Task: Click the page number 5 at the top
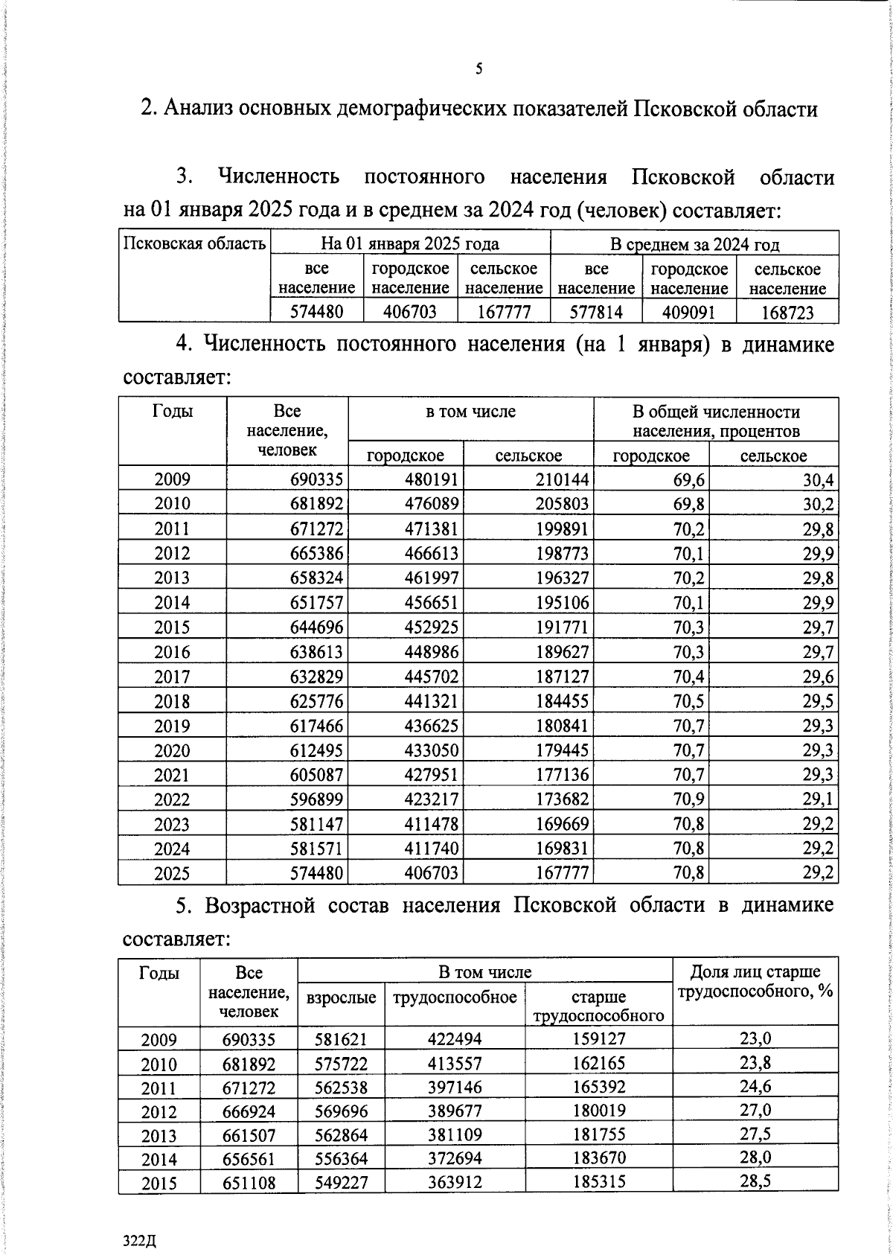click(x=478, y=69)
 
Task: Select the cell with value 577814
click(x=595, y=312)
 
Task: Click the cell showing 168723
click(x=787, y=312)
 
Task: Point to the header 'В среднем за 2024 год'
click(x=694, y=244)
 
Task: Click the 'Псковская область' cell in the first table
click(x=194, y=243)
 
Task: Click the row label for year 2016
click(x=172, y=652)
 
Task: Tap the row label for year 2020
click(x=172, y=750)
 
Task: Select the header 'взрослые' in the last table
click(x=341, y=997)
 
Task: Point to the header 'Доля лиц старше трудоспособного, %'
click(x=755, y=982)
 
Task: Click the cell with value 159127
click(x=598, y=1039)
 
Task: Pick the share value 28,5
click(x=755, y=1181)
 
